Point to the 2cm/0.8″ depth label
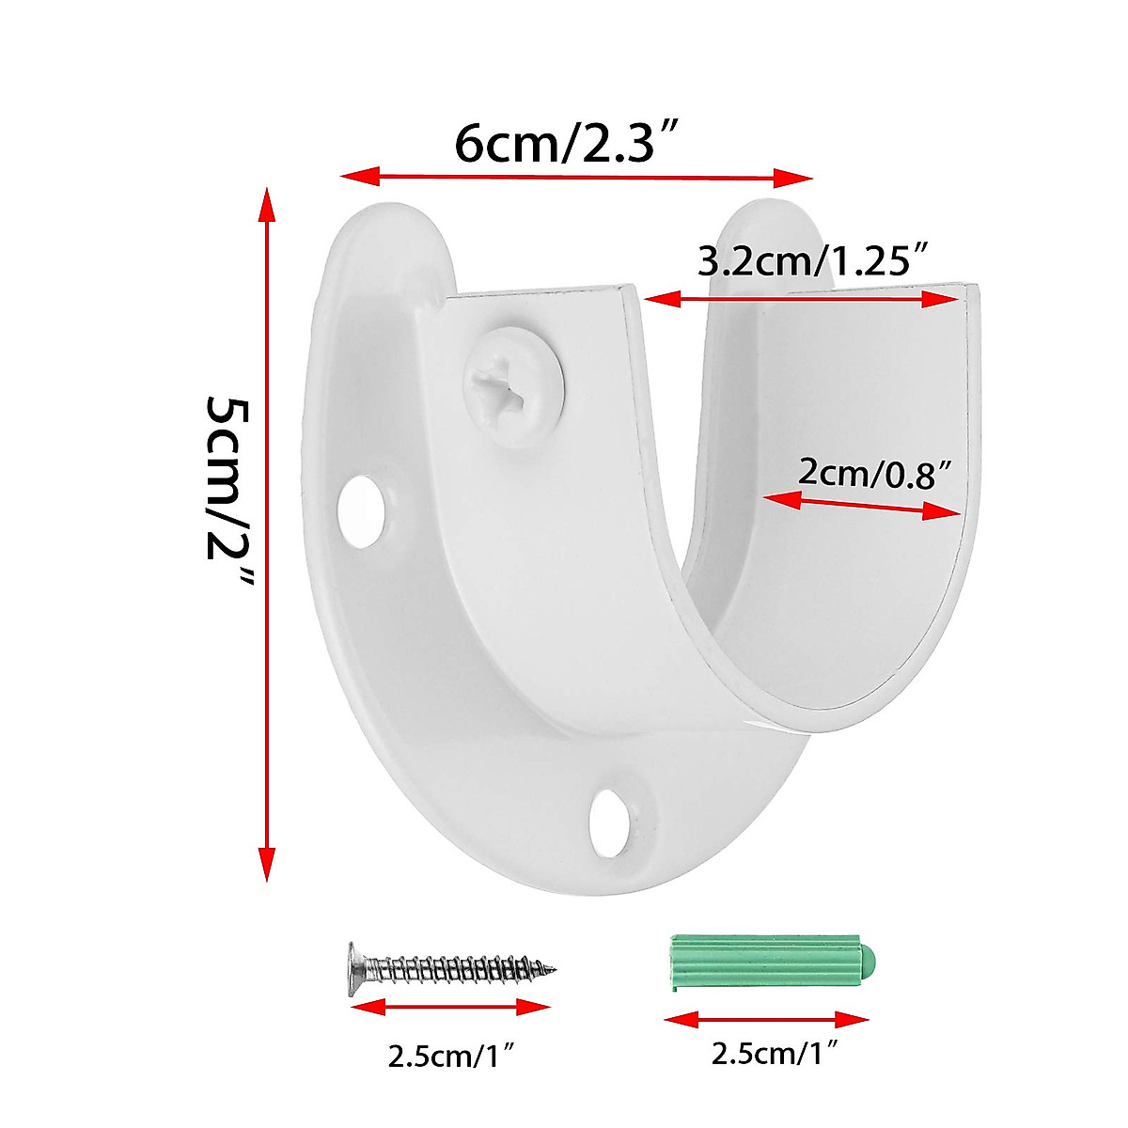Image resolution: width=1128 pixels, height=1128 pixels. (x=869, y=472)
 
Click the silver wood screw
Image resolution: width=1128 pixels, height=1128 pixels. (x=451, y=966)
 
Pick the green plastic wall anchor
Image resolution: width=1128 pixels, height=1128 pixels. (x=771, y=963)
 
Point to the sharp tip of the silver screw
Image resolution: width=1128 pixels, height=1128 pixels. (x=554, y=969)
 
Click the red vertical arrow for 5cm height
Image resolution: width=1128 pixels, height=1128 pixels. (x=267, y=534)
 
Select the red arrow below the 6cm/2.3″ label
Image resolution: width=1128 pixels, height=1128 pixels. (x=575, y=177)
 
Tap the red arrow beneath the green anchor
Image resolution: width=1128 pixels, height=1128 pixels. (x=766, y=1019)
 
